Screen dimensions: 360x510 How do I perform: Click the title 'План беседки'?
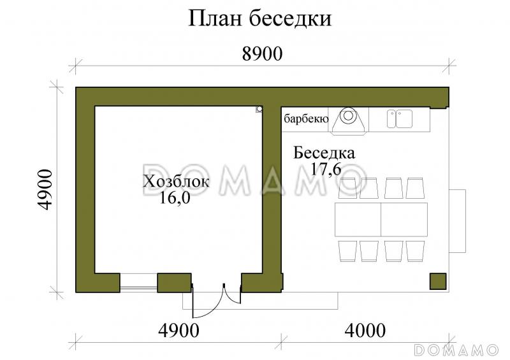259,18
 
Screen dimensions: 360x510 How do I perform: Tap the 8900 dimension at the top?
262,54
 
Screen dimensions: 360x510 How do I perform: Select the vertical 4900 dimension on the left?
43,190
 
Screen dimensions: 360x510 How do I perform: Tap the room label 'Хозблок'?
176,182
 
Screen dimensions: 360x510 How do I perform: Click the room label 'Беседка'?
324,153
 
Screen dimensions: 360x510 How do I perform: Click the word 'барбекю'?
306,119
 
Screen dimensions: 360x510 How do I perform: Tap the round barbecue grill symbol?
348,117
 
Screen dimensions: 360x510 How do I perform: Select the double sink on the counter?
399,118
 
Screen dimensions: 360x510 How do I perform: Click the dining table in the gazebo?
381,220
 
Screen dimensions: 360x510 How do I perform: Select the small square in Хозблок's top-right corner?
259,109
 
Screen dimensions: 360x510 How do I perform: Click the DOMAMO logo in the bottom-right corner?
456,350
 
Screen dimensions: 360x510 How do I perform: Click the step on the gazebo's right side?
458,220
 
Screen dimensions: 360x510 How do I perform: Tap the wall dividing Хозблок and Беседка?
273,191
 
